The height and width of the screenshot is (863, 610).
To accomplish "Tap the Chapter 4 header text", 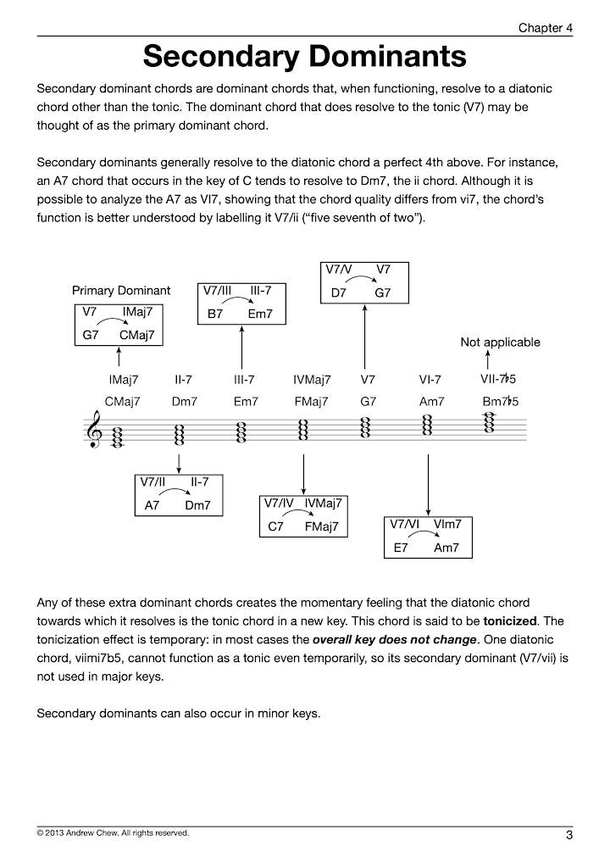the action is pos(545,27).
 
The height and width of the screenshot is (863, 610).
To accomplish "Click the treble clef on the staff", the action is pos(95,429).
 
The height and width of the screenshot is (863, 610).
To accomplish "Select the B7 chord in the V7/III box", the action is pos(215,314).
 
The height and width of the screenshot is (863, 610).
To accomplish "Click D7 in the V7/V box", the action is pos(338,292).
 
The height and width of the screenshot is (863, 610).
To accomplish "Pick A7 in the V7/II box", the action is pos(152,505).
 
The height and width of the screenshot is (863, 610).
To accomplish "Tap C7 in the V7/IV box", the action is pos(275,526).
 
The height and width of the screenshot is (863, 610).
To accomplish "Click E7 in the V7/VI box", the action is pos(401,548).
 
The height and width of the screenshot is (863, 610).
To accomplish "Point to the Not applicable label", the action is pos(500,342).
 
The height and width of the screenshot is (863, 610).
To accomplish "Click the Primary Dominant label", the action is pos(121,291).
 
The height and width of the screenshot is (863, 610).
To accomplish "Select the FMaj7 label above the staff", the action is pos(311,402).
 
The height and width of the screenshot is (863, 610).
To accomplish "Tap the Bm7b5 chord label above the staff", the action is pos(500,401).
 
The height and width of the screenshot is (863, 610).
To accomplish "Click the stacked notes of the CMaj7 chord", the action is pos(117,437).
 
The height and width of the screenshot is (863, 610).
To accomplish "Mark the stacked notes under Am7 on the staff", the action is pos(427,425).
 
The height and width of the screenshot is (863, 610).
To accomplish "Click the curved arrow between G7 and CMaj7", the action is pos(113,321).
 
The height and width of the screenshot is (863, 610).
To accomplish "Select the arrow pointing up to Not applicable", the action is pos(487,360).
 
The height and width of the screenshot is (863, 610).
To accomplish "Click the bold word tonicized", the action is pos(510,621).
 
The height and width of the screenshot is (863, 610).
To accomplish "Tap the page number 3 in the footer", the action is pos(569,835).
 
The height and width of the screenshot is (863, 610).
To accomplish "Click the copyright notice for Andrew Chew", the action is pos(113,833).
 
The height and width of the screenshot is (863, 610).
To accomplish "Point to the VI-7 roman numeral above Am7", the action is pos(430,380).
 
